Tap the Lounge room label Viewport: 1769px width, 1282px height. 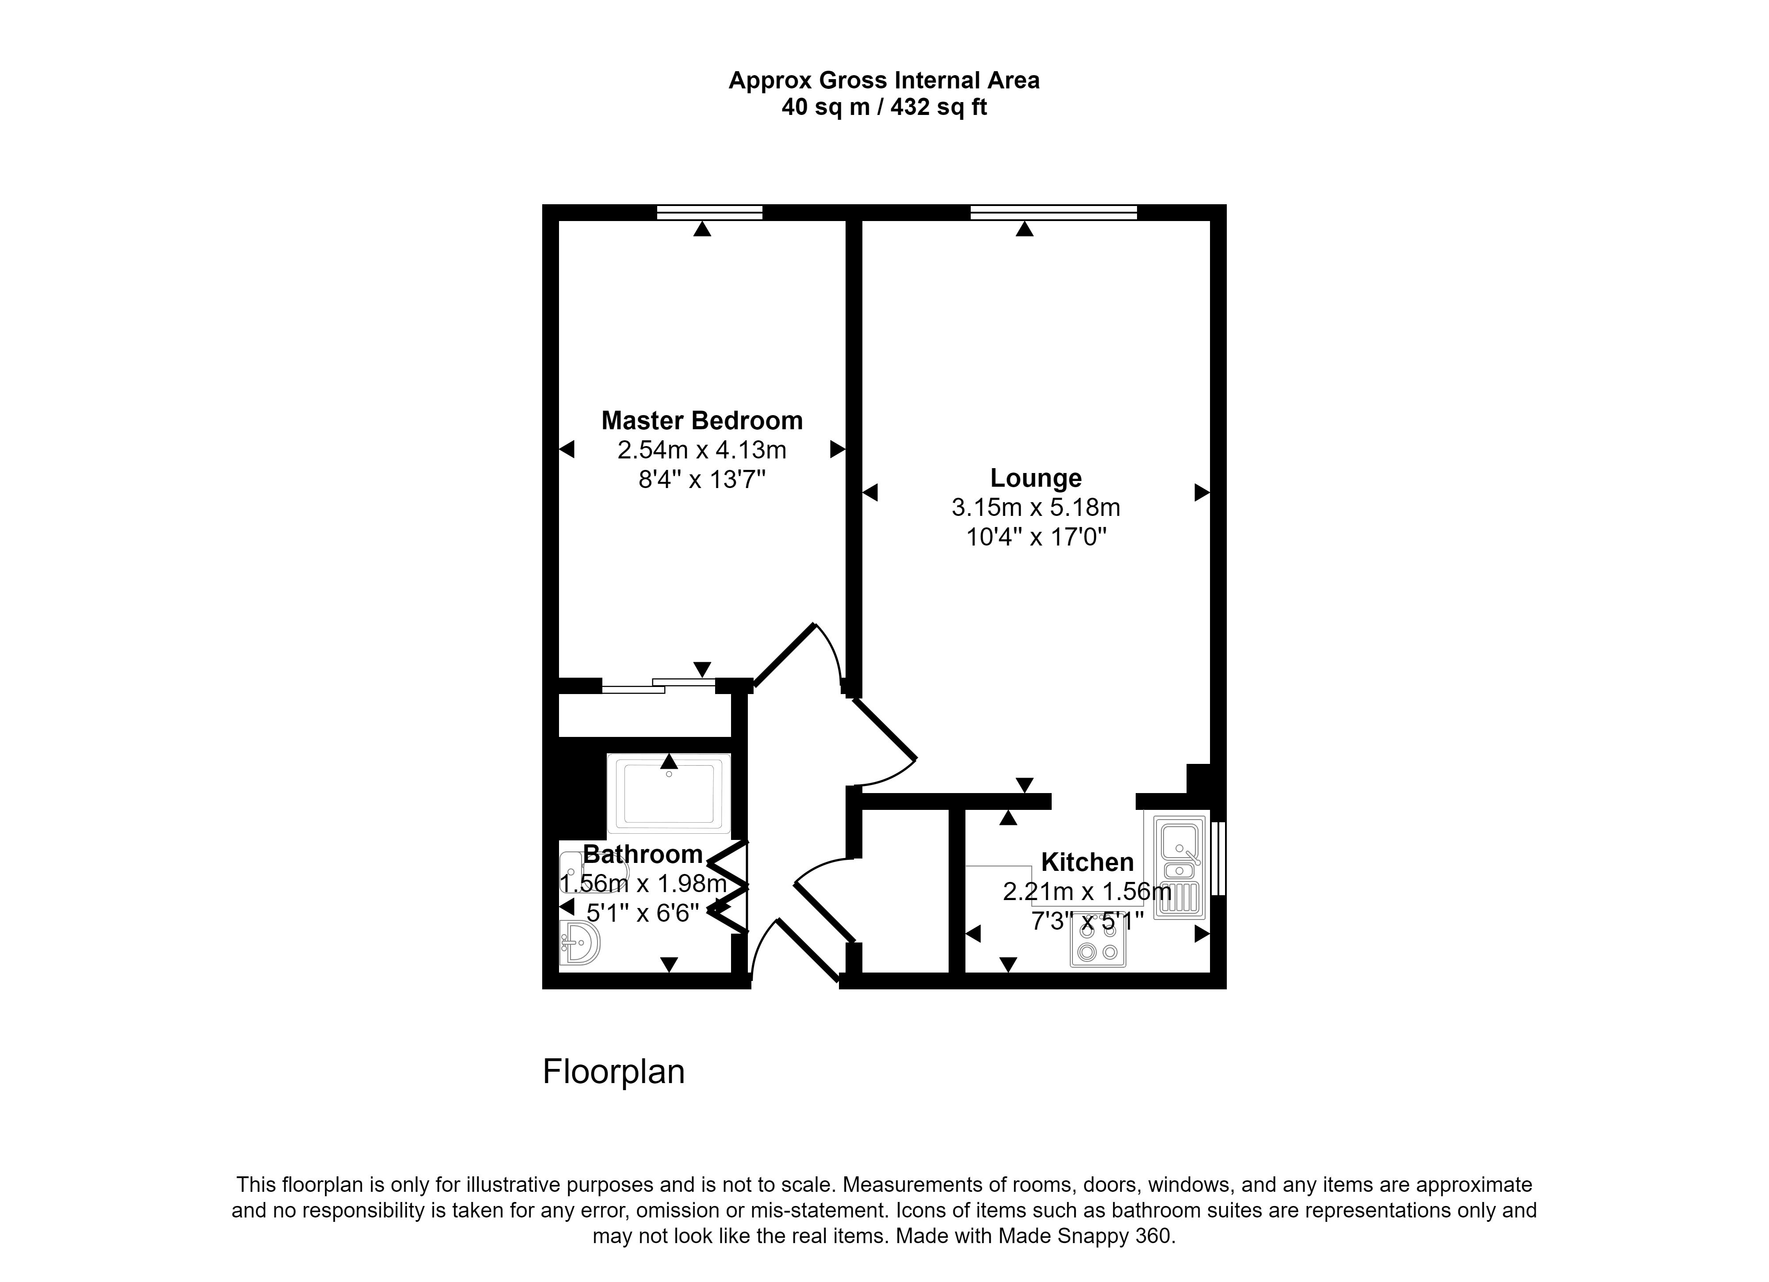tap(1036, 478)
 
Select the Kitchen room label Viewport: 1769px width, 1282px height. tap(1087, 862)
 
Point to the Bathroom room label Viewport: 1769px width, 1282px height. tap(643, 855)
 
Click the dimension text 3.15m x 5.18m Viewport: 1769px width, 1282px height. tap(1036, 507)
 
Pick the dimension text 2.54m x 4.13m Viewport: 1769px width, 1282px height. tap(702, 450)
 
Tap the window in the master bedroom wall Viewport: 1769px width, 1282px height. tap(709, 212)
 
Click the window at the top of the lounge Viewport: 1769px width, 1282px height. tap(1054, 212)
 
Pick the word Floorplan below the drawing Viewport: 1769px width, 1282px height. tap(614, 1072)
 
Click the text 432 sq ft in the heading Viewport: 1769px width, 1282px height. tap(938, 107)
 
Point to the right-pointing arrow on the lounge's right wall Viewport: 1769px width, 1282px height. tap(1202, 492)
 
